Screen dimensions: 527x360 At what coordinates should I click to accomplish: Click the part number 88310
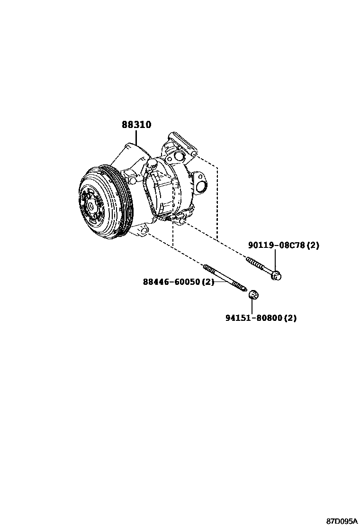(x=136, y=125)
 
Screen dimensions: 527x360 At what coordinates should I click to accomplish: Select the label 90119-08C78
(x=277, y=245)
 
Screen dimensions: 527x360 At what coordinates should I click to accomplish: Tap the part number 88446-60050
(x=172, y=282)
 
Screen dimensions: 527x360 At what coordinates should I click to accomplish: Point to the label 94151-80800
(x=253, y=318)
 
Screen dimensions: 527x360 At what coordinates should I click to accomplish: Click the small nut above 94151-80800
(x=253, y=295)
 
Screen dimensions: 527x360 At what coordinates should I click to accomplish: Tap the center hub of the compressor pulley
(x=90, y=206)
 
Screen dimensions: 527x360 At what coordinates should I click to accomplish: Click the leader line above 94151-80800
(x=253, y=306)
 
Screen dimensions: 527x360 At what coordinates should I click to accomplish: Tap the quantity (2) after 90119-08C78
(x=313, y=245)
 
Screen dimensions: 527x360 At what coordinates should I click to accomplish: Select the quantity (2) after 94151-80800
(x=290, y=318)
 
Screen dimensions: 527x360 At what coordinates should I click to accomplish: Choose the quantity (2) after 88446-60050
(x=208, y=282)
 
